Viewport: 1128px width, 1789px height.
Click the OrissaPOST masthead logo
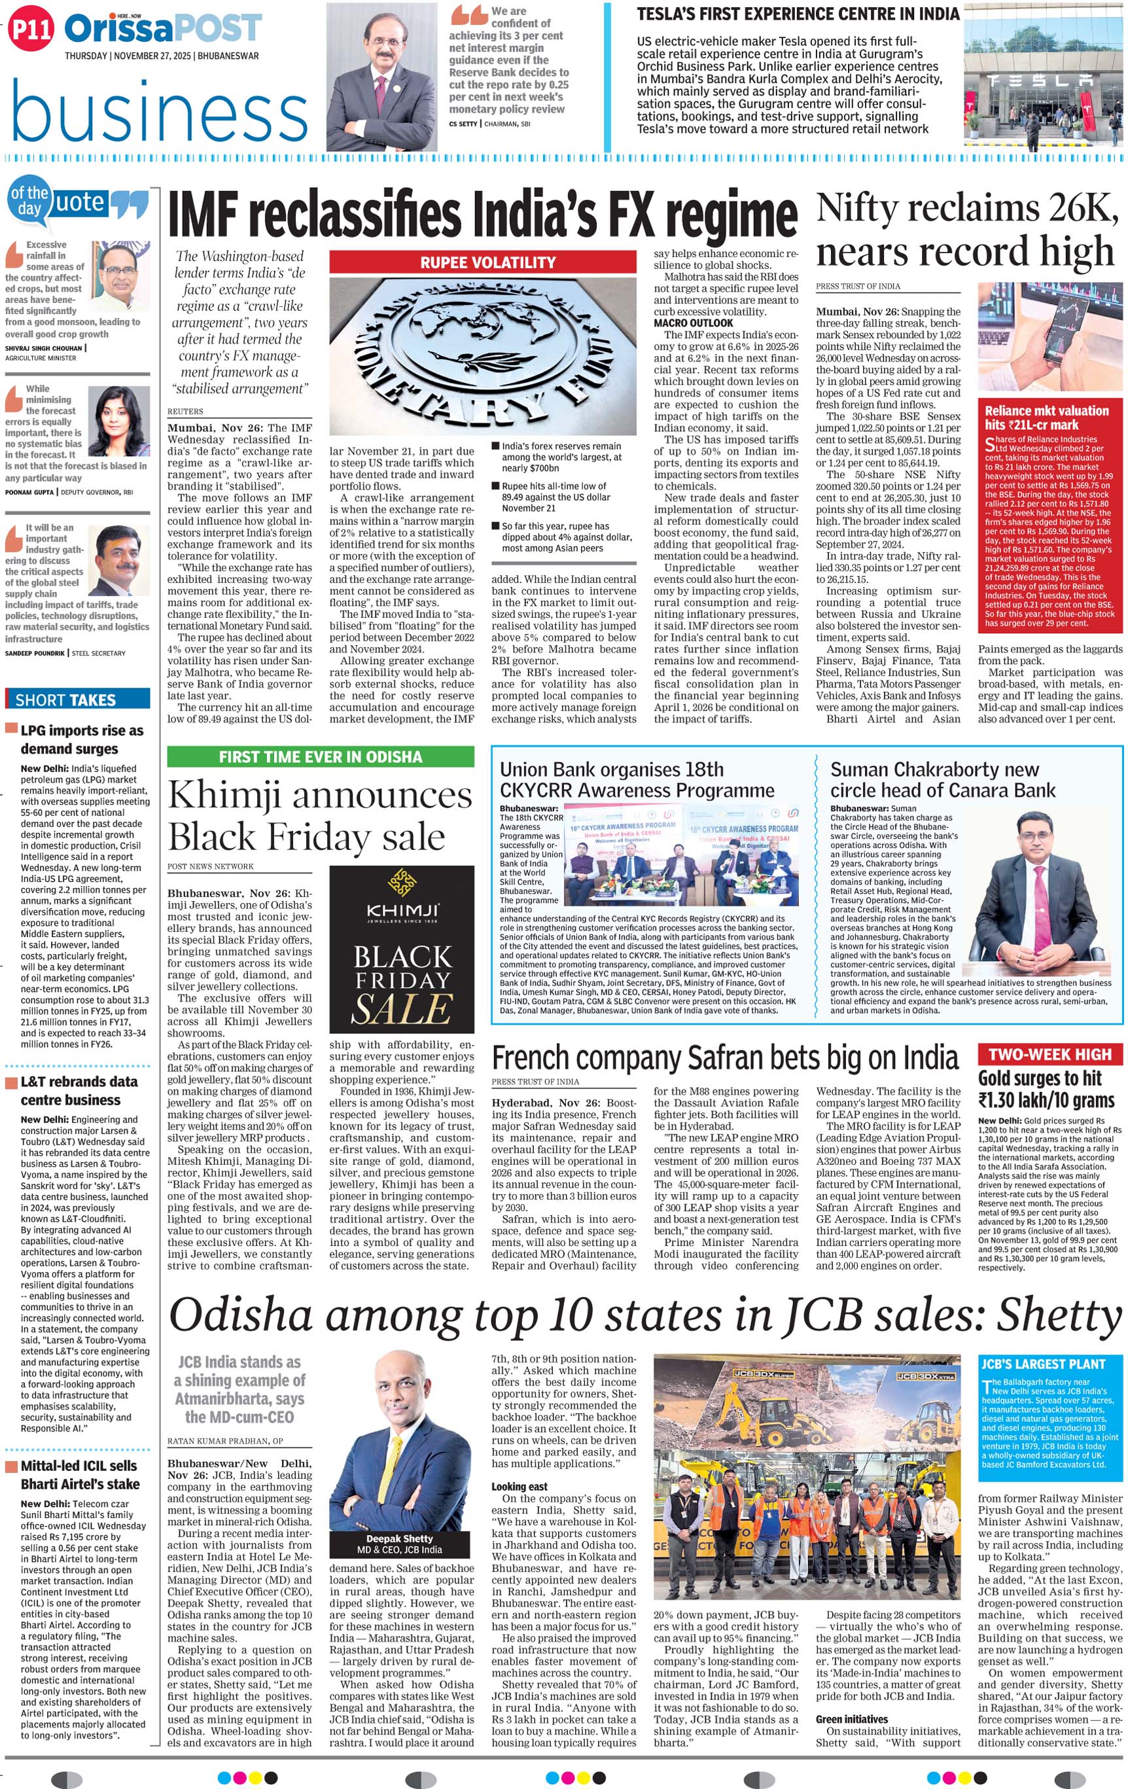click(163, 29)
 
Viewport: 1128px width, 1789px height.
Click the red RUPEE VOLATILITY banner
click(483, 262)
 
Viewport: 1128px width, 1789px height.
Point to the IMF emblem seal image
click(483, 355)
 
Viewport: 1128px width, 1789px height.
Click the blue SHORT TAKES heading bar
click(77, 699)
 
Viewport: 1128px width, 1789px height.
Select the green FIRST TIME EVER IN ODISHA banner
click(320, 756)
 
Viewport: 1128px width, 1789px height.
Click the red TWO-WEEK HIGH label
click(1049, 1054)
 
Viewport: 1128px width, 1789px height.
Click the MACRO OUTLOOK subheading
click(694, 323)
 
